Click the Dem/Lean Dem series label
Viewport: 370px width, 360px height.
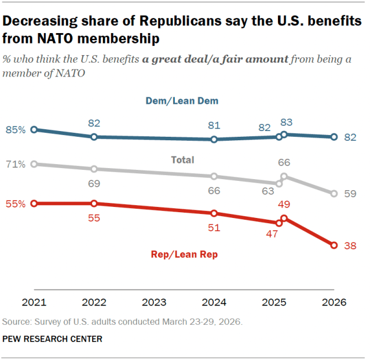coord(182,101)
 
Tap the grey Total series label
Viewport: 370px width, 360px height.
coord(182,160)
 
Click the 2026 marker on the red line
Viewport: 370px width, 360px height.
coord(334,246)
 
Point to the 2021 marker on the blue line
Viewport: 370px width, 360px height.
coord(34,130)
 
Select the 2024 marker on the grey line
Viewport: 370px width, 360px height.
coord(214,176)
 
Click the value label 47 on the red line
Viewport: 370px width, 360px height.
coord(272,234)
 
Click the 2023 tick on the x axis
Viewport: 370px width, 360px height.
coord(154,303)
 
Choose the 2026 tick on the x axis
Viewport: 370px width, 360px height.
coord(334,303)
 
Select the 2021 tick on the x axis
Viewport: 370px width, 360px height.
coord(34,303)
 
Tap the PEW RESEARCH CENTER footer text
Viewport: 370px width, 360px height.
coord(53,339)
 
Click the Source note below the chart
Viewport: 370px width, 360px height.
coord(123,321)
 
